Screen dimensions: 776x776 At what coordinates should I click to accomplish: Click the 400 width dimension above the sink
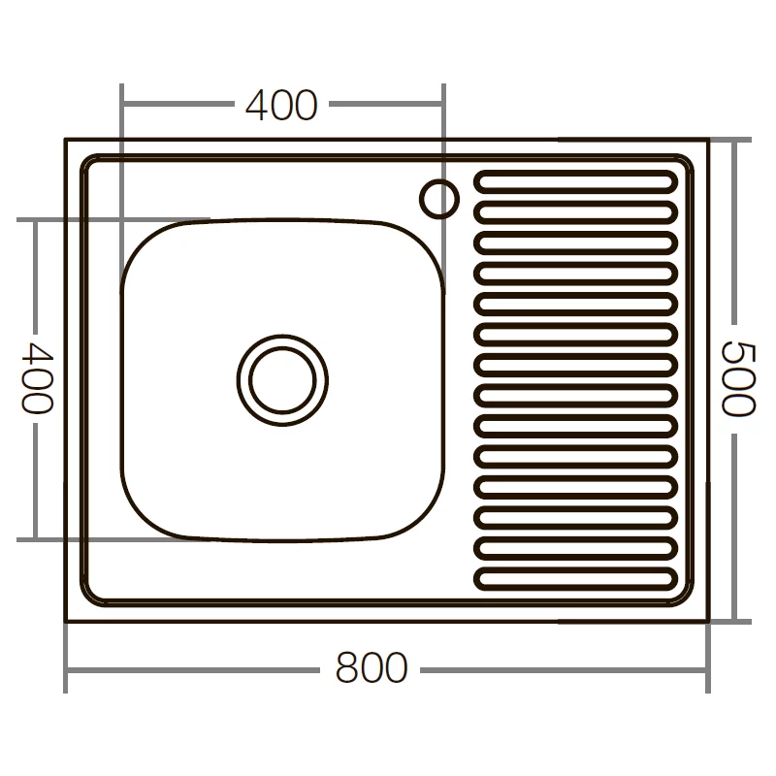(281, 105)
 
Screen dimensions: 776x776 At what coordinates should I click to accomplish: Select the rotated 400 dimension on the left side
(35, 377)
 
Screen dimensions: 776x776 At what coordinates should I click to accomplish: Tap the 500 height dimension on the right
(739, 379)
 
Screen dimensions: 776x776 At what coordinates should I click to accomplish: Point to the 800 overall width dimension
(372, 668)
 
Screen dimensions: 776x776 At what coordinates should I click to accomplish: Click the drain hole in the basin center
(282, 379)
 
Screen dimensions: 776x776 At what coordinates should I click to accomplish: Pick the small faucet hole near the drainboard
(438, 198)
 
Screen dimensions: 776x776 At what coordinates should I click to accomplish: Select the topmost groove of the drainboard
(575, 181)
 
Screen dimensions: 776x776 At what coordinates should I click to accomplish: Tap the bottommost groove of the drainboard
(575, 579)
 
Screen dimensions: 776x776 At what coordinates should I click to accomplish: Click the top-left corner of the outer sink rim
(66, 140)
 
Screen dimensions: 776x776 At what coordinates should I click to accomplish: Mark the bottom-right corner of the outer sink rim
(707, 621)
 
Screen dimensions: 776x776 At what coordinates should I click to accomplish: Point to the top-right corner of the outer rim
(707, 140)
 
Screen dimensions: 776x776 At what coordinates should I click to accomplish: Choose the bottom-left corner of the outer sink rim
(66, 621)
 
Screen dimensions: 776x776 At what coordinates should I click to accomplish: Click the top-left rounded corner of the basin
(145, 242)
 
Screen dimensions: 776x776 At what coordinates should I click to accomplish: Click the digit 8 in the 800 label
(347, 668)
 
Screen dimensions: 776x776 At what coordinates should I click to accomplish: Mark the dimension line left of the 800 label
(194, 668)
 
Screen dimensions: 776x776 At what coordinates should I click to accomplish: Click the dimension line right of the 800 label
(563, 668)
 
